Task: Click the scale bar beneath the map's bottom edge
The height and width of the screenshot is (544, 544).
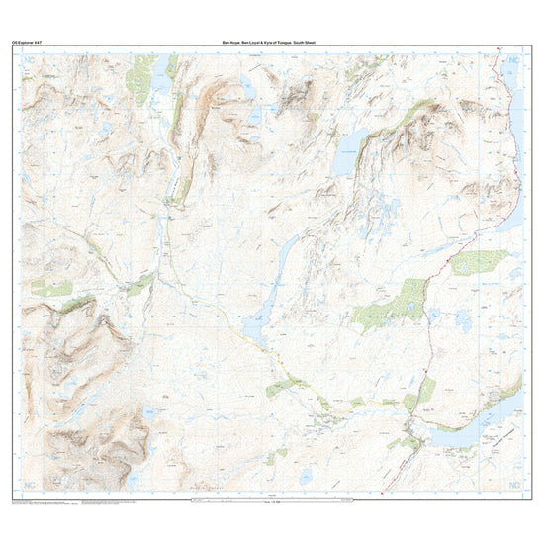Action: pyautogui.click(x=272, y=501)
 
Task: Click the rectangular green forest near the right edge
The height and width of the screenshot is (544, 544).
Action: pyautogui.click(x=479, y=262)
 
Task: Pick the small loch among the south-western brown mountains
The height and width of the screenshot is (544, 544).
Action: pyautogui.click(x=148, y=413)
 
